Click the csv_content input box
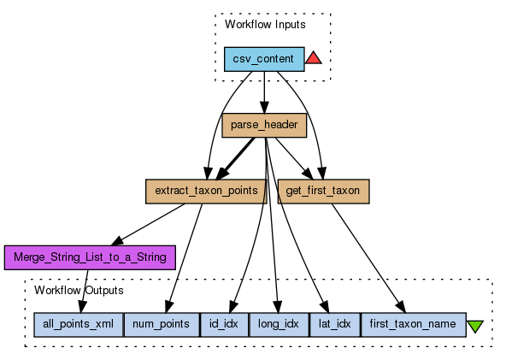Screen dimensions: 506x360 [264, 59]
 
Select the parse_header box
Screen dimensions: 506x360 [264, 126]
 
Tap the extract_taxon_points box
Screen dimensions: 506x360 [206, 192]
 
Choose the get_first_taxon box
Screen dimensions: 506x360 [323, 192]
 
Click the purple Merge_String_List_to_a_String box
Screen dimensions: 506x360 [90, 257]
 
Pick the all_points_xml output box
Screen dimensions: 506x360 [79, 324]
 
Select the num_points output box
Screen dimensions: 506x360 [162, 324]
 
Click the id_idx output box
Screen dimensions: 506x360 [224, 324]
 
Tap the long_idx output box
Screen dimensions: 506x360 [279, 324]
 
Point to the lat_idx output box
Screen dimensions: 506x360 [335, 324]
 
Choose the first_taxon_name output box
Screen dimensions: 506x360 [414, 324]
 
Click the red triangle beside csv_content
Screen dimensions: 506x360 [314, 59]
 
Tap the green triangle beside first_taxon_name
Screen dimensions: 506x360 [475, 326]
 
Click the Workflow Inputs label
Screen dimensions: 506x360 [265, 25]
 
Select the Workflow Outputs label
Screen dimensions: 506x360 [79, 290]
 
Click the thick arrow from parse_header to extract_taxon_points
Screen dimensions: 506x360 [235, 159]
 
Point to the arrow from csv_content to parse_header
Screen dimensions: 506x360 [264, 92]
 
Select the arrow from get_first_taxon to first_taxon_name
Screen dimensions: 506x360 [368, 258]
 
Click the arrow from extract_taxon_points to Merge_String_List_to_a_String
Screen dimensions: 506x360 [148, 224]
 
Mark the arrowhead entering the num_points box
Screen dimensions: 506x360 [168, 307]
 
